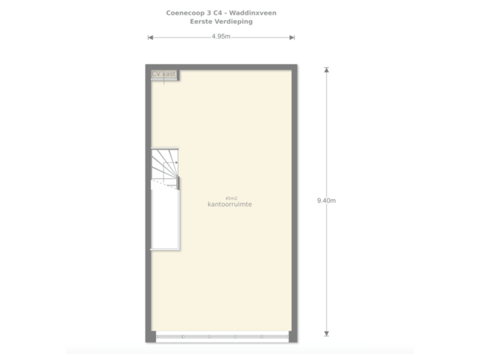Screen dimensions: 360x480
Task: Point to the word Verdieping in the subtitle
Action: (234, 21)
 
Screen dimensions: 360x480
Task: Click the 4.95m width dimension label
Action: (221, 37)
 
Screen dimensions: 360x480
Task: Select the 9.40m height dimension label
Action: (327, 200)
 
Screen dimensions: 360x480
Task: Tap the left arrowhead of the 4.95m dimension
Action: (150, 37)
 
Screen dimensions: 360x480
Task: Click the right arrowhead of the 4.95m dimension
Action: (292, 37)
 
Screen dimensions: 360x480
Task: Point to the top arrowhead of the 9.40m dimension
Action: (326, 69)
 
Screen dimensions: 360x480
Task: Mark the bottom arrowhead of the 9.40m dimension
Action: (326, 333)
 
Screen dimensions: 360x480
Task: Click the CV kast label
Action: (163, 73)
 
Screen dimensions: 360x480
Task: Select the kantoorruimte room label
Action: (229, 205)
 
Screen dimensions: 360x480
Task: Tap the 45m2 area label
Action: (231, 198)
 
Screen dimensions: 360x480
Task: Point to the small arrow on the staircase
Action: (175, 162)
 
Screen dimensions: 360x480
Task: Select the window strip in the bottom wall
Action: (221, 337)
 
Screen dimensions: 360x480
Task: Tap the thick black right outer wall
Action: (293, 200)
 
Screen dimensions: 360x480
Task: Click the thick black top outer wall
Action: (220, 66)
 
